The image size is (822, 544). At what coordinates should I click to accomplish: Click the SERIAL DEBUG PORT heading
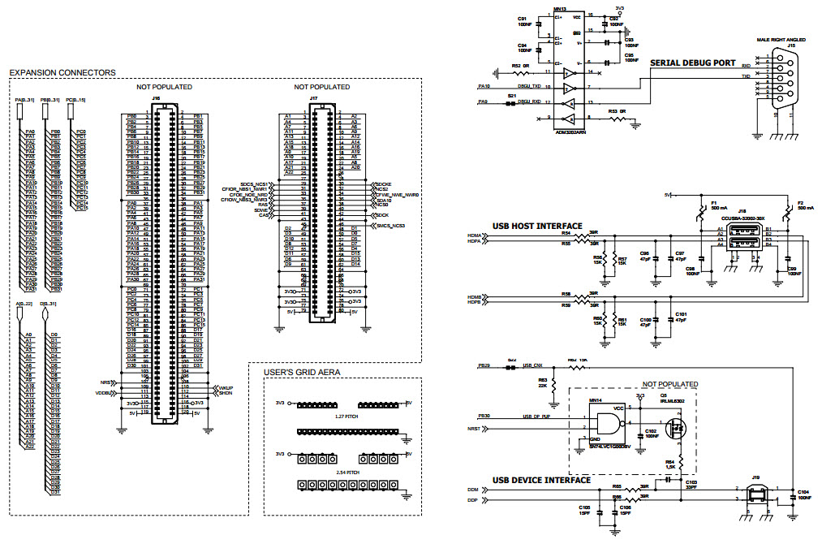point(692,63)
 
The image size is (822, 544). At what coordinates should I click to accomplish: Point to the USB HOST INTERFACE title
point(537,226)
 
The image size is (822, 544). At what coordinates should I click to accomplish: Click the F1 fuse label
point(714,202)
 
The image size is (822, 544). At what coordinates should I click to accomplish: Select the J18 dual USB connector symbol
point(744,241)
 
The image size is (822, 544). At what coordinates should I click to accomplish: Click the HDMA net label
point(474,235)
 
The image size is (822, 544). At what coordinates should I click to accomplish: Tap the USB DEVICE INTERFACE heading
point(541,480)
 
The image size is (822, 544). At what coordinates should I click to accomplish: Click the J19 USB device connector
point(755,494)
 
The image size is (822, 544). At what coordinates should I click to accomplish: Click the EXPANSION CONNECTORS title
point(62,73)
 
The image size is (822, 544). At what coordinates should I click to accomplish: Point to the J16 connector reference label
point(156,97)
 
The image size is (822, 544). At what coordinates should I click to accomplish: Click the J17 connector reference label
point(313,97)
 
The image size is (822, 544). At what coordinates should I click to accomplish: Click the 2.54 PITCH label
point(346,471)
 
